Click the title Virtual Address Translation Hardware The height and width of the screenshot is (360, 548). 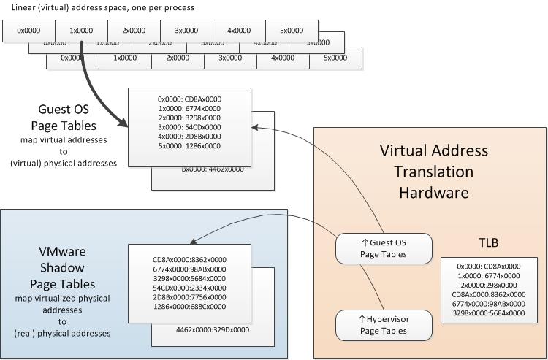click(434, 172)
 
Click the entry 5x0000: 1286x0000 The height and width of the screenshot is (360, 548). click(189, 146)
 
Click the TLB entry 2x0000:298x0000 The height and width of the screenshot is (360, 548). click(488, 285)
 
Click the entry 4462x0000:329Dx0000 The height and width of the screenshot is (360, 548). click(213, 330)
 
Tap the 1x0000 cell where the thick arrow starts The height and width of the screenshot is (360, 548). click(81, 31)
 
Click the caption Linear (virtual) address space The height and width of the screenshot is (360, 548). click(102, 7)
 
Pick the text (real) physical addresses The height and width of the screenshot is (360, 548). click(63, 333)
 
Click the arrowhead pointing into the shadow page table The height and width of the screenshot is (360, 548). click(194, 242)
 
